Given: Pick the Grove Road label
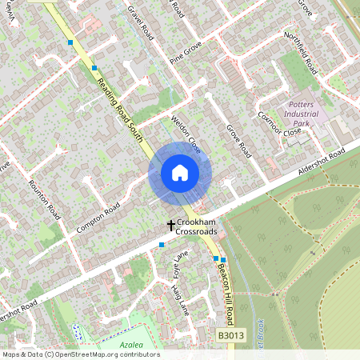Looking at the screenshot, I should click(x=239, y=140).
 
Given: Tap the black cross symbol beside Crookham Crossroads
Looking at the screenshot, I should click(x=170, y=226).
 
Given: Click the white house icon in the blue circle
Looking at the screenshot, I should click(x=180, y=173).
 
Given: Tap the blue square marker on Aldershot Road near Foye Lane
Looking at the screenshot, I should click(x=162, y=244).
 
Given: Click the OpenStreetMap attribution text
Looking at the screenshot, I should click(x=81, y=354).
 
